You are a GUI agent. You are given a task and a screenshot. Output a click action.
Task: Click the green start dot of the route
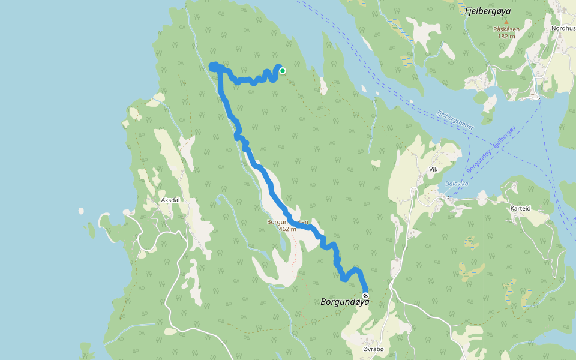[282, 71]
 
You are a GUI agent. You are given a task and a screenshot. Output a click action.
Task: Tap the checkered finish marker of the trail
[365, 296]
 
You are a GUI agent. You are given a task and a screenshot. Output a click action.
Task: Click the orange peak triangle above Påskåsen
[506, 22]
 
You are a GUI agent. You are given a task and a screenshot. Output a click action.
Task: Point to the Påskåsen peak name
[506, 29]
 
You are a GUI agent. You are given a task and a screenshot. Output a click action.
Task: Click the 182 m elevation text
[506, 36]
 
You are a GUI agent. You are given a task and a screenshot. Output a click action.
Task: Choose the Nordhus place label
[563, 28]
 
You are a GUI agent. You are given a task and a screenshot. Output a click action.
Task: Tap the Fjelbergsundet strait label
[455, 119]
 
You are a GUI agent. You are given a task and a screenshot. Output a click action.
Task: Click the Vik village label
[433, 170]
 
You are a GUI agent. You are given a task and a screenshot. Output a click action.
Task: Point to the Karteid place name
[520, 208]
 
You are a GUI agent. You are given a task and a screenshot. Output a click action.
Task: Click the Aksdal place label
[171, 200]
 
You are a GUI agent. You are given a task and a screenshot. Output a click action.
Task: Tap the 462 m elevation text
[288, 229]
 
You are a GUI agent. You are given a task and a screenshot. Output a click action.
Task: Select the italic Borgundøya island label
[344, 302]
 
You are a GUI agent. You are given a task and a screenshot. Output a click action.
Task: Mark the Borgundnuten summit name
[288, 222]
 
